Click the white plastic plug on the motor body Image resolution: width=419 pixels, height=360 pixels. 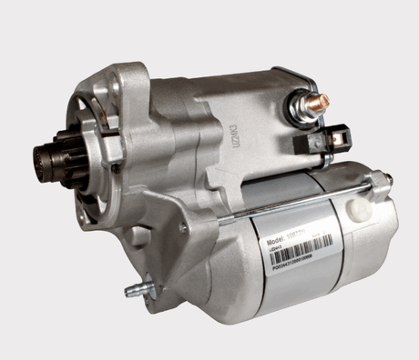[x=360, y=210]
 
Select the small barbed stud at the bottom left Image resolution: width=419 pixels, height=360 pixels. [x=132, y=292]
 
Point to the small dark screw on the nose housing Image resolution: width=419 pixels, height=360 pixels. [x=115, y=168]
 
